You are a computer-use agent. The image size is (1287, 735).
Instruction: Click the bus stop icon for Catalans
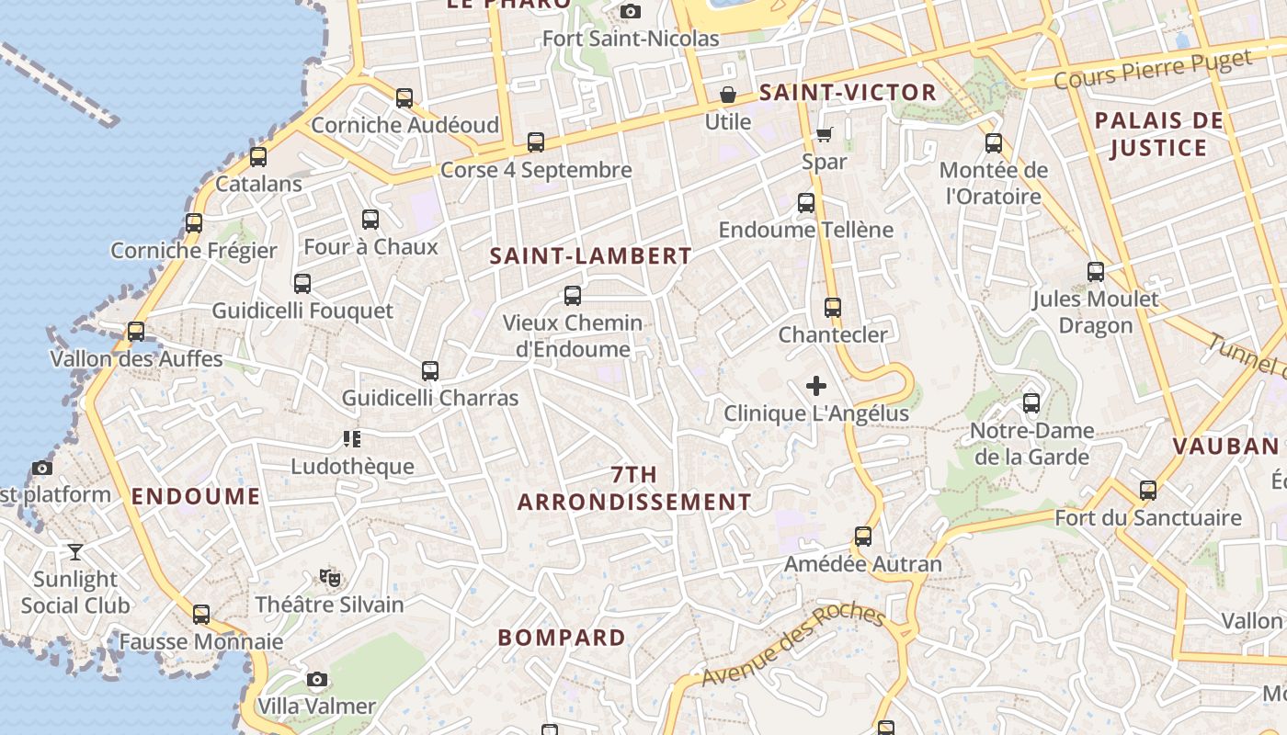[x=258, y=157]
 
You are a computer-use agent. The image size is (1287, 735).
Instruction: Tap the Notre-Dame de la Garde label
[x=1031, y=444]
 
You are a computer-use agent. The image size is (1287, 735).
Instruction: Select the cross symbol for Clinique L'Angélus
[x=815, y=386]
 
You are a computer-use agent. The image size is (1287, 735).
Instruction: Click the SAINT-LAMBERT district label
[x=590, y=256]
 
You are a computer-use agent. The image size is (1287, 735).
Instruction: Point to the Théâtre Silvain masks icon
[x=330, y=578]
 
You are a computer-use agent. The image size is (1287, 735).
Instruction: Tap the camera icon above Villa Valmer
[x=317, y=680]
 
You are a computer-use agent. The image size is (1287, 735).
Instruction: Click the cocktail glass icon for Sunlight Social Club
[x=75, y=552]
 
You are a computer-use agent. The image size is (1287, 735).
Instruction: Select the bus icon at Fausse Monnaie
[x=201, y=615]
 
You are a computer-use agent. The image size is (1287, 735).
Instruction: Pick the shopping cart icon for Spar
[x=824, y=135]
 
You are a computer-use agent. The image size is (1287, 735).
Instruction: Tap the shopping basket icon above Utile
[x=728, y=95]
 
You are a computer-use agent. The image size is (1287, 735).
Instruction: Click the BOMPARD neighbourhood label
[x=562, y=638]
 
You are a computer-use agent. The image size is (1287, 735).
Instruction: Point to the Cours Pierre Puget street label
[x=1153, y=70]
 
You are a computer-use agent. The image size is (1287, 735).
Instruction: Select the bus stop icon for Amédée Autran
[x=863, y=537]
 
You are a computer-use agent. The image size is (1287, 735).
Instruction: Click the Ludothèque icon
[x=352, y=439]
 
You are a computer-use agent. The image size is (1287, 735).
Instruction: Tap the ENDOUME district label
[x=196, y=497]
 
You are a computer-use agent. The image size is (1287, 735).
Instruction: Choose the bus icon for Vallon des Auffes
[x=136, y=332]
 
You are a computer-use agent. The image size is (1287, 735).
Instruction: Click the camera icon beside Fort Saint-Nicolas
[x=631, y=11]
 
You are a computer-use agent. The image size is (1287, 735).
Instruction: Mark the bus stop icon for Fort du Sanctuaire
[x=1148, y=491]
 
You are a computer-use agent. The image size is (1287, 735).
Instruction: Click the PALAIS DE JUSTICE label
[x=1158, y=134]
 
